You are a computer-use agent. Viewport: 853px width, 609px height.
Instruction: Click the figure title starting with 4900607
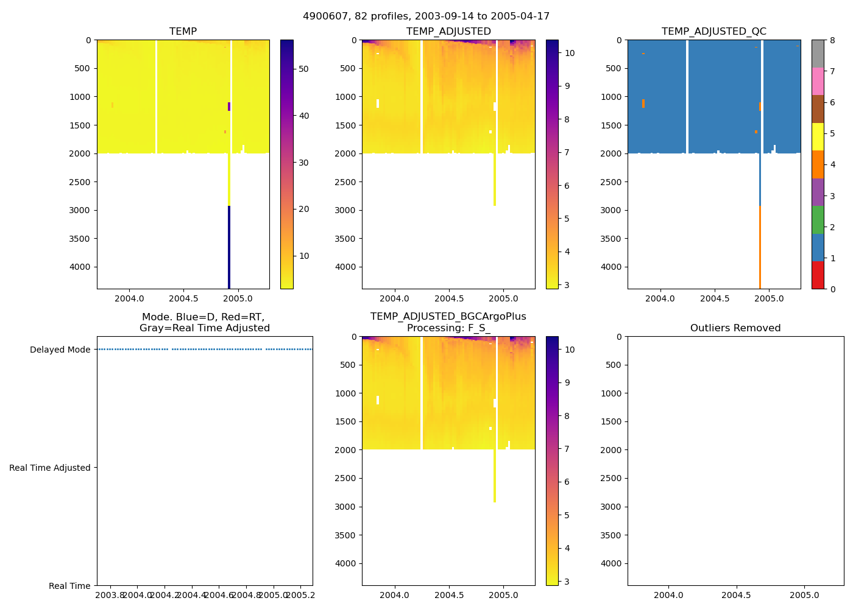[x=426, y=16]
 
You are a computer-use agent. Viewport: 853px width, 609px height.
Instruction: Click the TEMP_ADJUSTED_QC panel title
[x=713, y=32]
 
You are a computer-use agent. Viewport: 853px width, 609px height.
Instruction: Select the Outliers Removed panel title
[x=735, y=328]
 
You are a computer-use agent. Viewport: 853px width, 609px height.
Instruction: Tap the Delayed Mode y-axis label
[x=60, y=350]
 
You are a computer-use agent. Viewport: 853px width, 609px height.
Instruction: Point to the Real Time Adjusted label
[x=49, y=468]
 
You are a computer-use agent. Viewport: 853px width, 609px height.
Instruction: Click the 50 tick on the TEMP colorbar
[x=303, y=69]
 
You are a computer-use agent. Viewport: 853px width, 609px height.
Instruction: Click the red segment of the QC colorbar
[x=818, y=275]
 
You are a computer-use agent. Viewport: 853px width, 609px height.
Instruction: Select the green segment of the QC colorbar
[x=818, y=220]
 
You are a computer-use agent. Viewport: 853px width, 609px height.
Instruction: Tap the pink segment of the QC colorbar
[x=818, y=81]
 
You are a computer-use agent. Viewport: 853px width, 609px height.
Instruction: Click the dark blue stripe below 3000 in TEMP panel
[x=229, y=247]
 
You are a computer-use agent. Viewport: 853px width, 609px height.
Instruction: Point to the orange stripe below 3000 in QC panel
[x=760, y=247]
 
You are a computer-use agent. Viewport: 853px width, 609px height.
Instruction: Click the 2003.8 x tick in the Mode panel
[x=110, y=595]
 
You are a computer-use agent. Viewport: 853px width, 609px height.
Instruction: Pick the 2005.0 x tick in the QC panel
[x=769, y=298]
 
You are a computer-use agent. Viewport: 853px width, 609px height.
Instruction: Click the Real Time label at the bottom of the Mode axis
[x=69, y=586]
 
